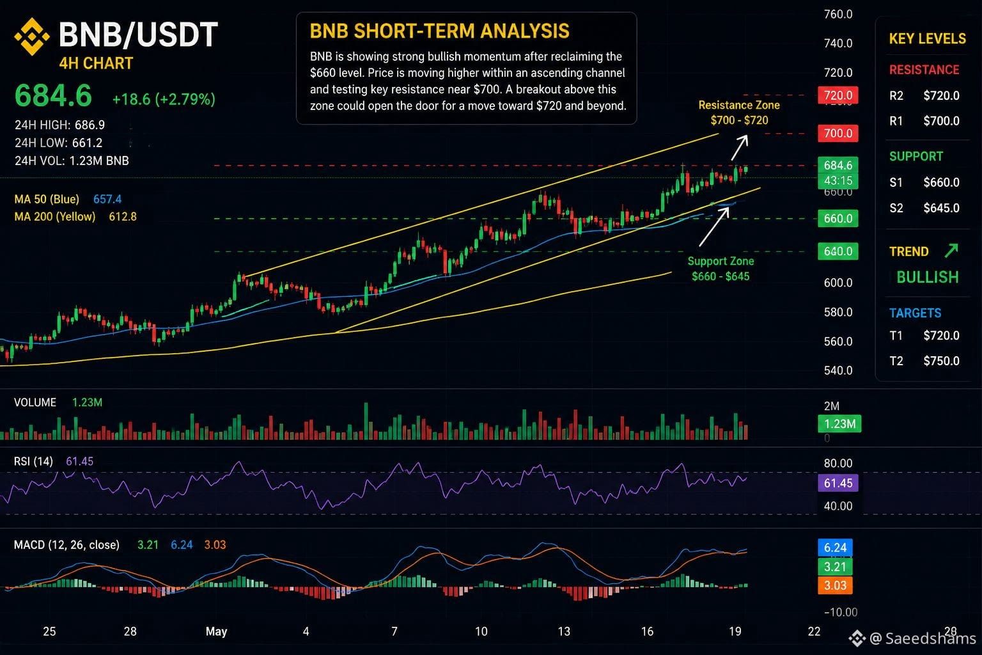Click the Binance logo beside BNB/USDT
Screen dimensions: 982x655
(31, 36)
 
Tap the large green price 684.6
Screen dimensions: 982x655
(54, 95)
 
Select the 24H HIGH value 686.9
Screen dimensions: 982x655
(90, 125)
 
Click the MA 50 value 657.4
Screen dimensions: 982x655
(107, 199)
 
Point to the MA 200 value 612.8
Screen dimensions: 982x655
(123, 217)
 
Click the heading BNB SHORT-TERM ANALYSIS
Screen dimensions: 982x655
(439, 31)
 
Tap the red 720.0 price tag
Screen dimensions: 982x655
(838, 95)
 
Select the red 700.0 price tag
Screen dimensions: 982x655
(838, 133)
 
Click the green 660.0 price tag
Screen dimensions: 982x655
(838, 218)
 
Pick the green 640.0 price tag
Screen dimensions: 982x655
(838, 251)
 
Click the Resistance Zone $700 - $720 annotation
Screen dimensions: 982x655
(739, 113)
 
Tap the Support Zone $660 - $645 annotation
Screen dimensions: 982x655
(721, 269)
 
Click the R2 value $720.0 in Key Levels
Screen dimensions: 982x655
(941, 96)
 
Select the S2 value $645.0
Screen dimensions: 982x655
(941, 208)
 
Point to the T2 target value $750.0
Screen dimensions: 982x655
(941, 361)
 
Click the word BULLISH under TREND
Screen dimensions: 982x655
(927, 277)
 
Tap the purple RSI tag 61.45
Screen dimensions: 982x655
(838, 483)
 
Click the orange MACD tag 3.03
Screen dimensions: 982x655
(835, 585)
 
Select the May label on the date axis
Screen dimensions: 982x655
(217, 631)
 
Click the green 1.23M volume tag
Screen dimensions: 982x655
(839, 424)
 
